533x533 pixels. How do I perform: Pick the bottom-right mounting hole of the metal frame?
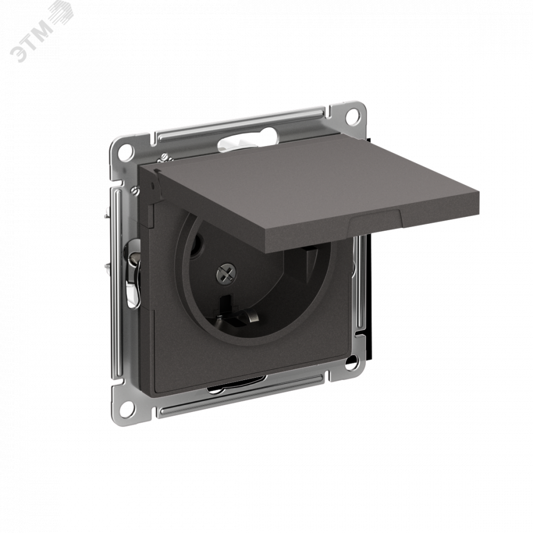352,363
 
